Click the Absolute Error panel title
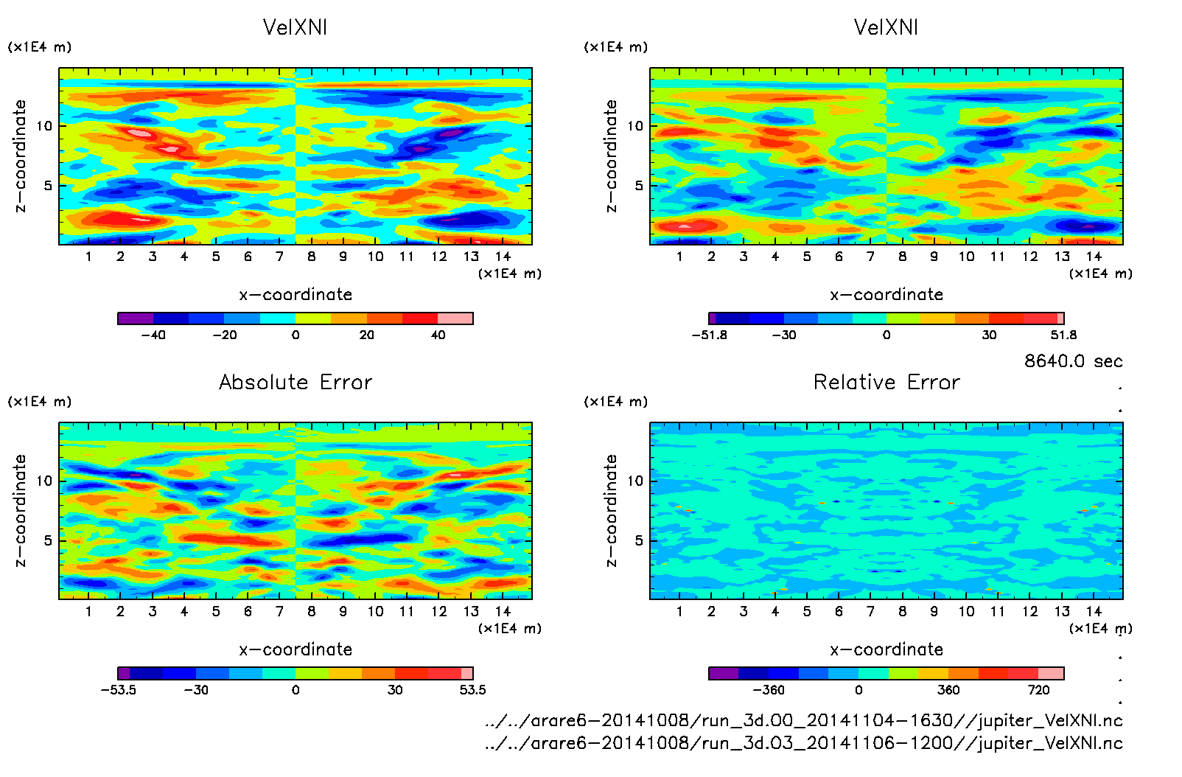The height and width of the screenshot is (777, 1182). (x=295, y=382)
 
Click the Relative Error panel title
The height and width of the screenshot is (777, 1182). (x=886, y=382)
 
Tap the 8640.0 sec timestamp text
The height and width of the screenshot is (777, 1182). (x=1073, y=361)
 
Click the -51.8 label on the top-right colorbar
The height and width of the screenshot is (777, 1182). (x=709, y=335)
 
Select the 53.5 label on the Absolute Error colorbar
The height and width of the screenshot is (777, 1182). (x=472, y=690)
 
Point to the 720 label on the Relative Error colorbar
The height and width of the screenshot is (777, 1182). (x=1038, y=690)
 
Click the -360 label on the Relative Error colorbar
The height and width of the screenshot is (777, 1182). (x=768, y=690)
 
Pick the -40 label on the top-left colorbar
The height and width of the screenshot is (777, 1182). (x=153, y=335)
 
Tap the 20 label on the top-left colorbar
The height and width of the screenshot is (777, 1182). (x=366, y=335)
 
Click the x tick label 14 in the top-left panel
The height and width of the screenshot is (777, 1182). (x=503, y=257)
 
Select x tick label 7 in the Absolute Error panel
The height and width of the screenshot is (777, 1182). (x=279, y=611)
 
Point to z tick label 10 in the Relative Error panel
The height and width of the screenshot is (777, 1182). (x=635, y=481)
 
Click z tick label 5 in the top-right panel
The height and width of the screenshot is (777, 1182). (x=639, y=186)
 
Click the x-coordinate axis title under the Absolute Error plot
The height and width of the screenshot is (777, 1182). (x=295, y=649)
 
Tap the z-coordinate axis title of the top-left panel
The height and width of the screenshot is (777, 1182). (x=20, y=156)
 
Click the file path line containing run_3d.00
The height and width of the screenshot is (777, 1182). (x=804, y=720)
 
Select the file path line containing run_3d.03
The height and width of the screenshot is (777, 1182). (x=804, y=743)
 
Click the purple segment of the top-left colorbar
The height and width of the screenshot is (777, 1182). (x=136, y=318)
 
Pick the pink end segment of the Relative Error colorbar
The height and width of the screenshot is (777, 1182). (x=1051, y=673)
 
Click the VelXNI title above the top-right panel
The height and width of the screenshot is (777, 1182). (x=886, y=27)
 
